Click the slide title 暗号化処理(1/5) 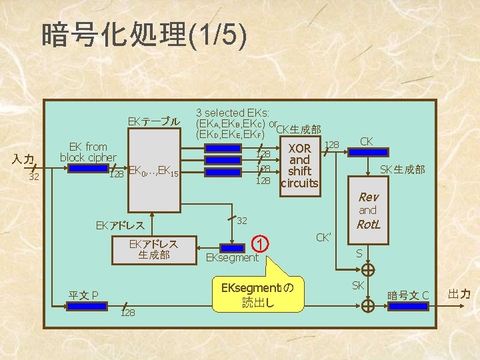click(x=144, y=35)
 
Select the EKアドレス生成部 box click(x=154, y=249)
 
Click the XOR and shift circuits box click(x=299, y=165)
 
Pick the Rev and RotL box click(x=368, y=211)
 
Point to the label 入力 click(x=24, y=159)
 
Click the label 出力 click(x=459, y=293)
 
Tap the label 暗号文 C click(x=409, y=295)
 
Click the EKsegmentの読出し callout click(x=257, y=295)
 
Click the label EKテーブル click(x=154, y=121)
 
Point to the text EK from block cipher click(x=88, y=152)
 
